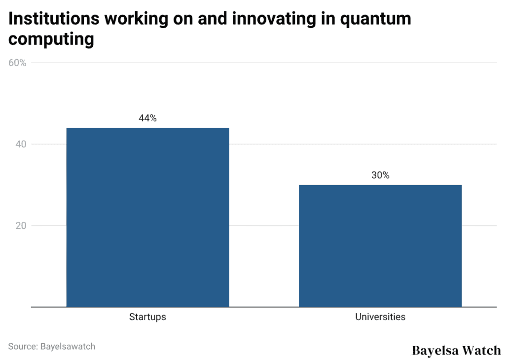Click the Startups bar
(x=147, y=217)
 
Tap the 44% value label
(x=147, y=118)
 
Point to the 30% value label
(x=380, y=175)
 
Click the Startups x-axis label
(x=147, y=317)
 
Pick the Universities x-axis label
(x=380, y=317)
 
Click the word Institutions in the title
(x=52, y=19)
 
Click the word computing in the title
(x=51, y=39)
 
